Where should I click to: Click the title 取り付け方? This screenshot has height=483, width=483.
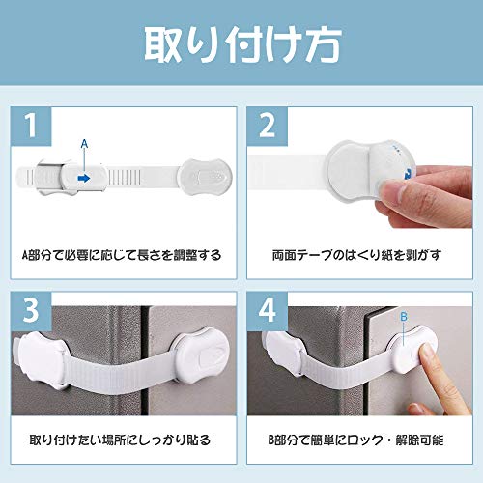point(242,45)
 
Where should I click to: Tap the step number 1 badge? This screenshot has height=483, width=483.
point(31,126)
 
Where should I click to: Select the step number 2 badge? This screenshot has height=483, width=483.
point(268,126)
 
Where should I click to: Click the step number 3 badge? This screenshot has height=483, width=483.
point(31,311)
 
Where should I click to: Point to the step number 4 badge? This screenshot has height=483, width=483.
point(268,311)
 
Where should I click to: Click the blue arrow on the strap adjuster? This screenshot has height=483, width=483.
point(84,178)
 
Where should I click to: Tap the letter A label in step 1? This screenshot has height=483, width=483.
point(84,144)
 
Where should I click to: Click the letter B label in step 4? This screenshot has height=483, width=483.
point(404,317)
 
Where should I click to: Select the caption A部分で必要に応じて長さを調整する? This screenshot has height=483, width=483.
point(122,255)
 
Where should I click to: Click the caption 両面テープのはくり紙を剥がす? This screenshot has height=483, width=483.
point(356,255)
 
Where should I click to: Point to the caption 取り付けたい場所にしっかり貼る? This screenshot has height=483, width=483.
point(120,440)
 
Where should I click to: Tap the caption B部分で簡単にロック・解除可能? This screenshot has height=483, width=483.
point(356,440)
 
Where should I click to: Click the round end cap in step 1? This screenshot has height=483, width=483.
point(205,177)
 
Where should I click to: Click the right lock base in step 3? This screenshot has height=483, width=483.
point(202,355)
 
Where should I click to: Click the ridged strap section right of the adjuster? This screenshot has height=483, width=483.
point(125,177)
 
